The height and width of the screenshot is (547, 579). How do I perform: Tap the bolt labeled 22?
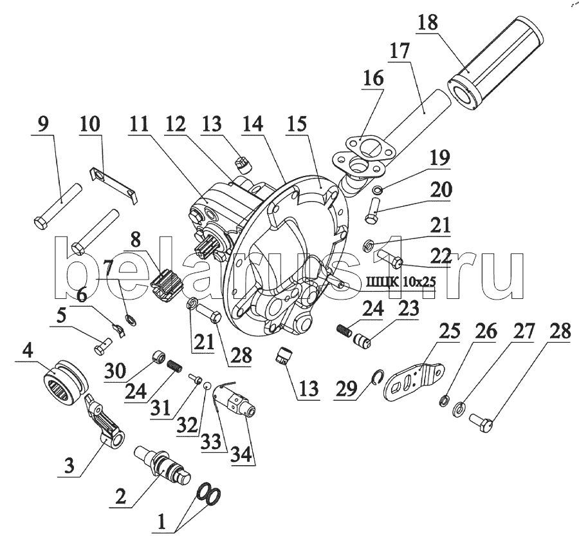[385, 261]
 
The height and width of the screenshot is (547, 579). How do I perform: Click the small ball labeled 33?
[208, 386]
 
